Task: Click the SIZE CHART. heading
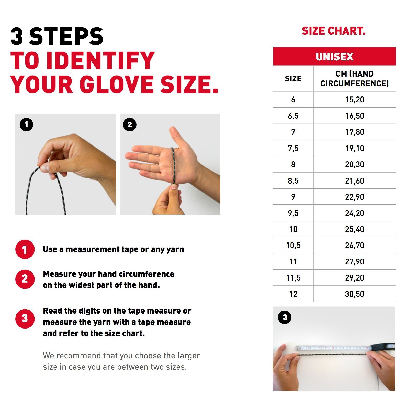coord(334,31)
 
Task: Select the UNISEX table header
coord(334,57)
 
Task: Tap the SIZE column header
coord(293,79)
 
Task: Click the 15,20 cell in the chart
coord(354,100)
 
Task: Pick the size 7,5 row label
coord(293,148)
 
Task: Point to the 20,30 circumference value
coord(354,164)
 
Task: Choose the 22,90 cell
coord(354,197)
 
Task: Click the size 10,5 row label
coord(293,245)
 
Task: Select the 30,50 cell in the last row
coord(354,294)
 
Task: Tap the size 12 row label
coord(293,294)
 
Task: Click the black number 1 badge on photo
coord(26,125)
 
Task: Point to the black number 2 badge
coord(130,125)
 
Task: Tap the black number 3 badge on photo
coord(285,318)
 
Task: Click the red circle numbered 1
coord(25,249)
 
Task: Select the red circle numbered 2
coord(25,279)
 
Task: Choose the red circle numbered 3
coord(25,319)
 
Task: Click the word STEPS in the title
coord(66,37)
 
